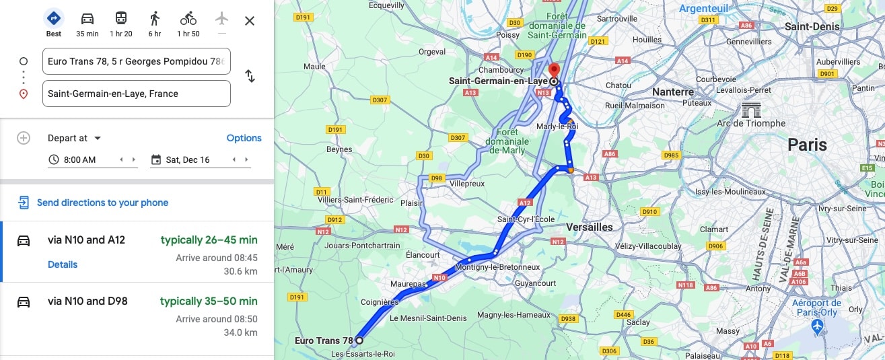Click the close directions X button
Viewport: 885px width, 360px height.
point(250,21)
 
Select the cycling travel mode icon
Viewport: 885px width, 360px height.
point(188,19)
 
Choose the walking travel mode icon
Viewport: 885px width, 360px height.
point(155,19)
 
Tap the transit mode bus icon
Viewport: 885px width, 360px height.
point(121,19)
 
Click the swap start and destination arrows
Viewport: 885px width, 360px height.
point(250,76)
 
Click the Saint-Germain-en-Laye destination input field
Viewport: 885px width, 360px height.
point(136,94)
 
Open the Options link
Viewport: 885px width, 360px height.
point(244,138)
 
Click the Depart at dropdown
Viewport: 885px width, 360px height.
point(74,138)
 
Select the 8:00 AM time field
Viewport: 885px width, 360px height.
point(80,159)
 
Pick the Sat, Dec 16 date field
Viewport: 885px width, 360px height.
point(188,159)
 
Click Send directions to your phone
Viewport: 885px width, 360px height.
point(102,203)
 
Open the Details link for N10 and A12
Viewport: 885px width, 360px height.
point(63,264)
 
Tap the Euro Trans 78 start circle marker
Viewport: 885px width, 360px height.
point(359,340)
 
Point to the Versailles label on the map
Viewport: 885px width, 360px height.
point(590,227)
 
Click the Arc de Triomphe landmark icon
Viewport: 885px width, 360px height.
point(750,110)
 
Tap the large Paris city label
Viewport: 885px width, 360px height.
point(807,145)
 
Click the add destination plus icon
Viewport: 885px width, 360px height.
point(24,138)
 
